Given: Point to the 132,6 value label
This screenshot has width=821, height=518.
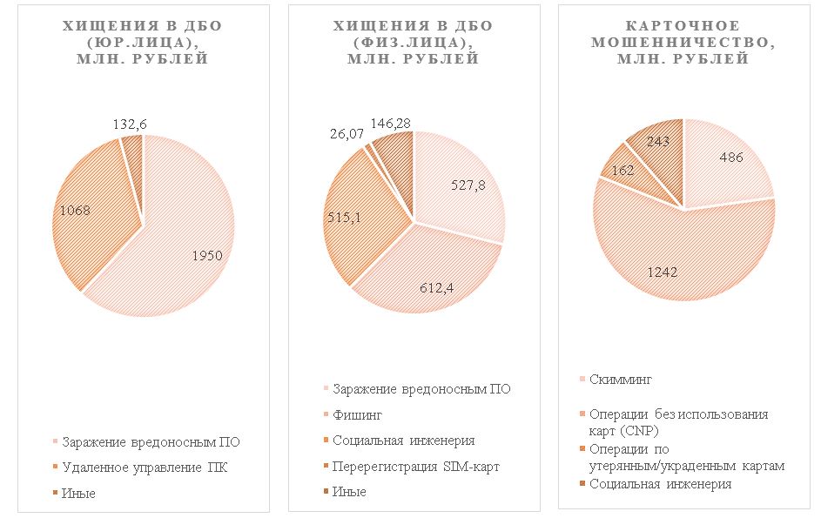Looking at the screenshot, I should [129, 124].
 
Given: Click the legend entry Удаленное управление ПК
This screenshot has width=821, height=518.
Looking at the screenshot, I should [150, 468].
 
